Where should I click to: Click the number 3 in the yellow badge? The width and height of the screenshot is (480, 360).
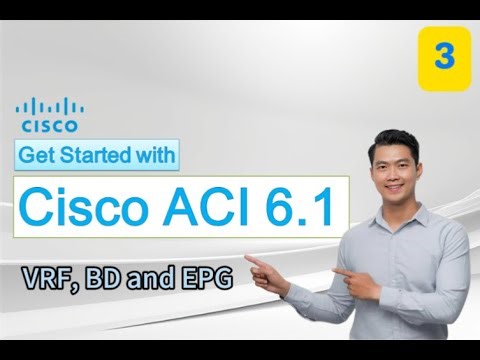tap(443, 57)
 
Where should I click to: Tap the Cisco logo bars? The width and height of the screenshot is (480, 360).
tap(49, 107)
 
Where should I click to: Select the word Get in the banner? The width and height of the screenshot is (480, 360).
tap(39, 155)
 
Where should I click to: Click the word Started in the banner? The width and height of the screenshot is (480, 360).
tap(97, 155)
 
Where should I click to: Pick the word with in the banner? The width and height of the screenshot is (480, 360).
tap(157, 155)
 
